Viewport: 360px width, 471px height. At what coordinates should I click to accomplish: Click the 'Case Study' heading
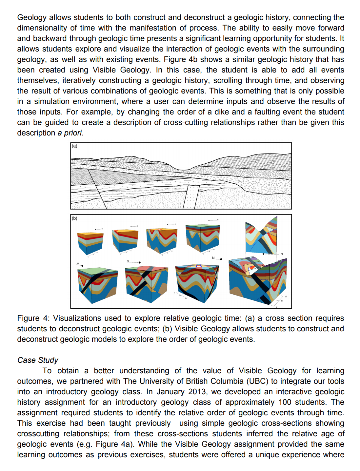click(38, 360)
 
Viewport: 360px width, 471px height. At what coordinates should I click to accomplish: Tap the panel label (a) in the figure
click(74, 146)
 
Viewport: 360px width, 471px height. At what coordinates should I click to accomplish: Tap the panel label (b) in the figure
click(74, 218)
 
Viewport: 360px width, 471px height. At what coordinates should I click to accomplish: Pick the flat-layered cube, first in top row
click(90, 243)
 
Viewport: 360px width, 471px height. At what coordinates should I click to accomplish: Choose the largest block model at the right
click(257, 280)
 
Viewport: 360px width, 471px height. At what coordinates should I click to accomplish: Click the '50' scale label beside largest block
click(286, 297)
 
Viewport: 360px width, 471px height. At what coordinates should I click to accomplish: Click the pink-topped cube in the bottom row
click(147, 284)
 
